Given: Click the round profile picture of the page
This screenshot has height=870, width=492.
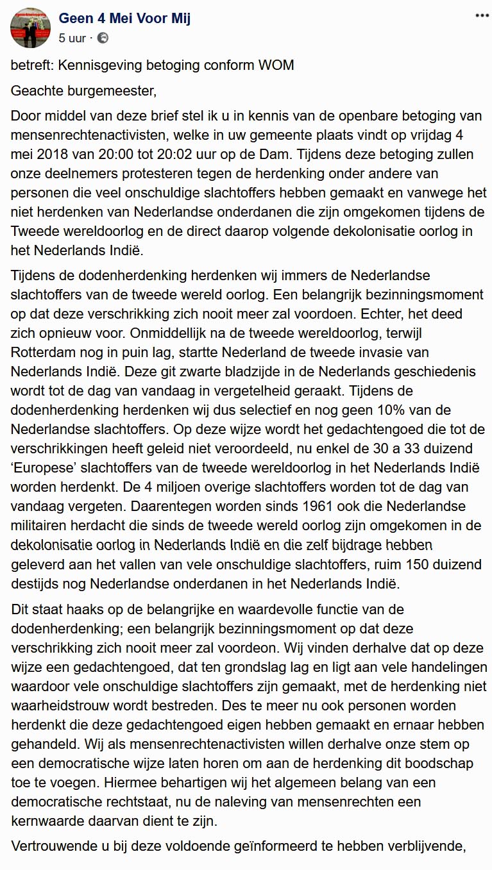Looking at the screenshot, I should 29,29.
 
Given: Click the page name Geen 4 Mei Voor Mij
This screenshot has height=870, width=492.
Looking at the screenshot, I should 124,18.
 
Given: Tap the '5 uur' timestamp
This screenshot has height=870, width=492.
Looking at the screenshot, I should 72,38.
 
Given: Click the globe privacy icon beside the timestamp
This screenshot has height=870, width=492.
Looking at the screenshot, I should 103,38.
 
